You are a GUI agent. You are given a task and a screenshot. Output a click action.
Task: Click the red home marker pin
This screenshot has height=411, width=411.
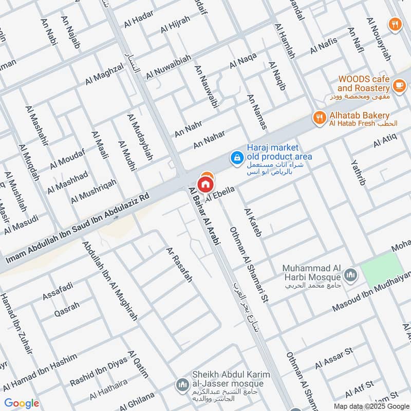tap(205, 184)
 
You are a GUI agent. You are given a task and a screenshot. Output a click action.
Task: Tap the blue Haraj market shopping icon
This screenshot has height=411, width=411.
tap(237, 157)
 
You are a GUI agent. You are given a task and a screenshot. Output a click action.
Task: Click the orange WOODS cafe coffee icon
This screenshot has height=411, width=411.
tap(399, 84)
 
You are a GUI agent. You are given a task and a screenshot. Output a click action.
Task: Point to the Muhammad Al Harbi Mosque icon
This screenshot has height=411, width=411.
tap(351, 274)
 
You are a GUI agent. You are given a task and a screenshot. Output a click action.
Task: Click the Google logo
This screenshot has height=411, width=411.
tap(22, 403)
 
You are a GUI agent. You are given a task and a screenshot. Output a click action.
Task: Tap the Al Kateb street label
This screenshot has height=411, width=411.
tap(253, 222)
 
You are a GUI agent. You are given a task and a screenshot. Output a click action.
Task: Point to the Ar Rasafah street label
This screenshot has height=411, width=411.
tap(178, 265)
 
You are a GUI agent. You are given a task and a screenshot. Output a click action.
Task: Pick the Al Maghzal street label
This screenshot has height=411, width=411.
tap(104, 73)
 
